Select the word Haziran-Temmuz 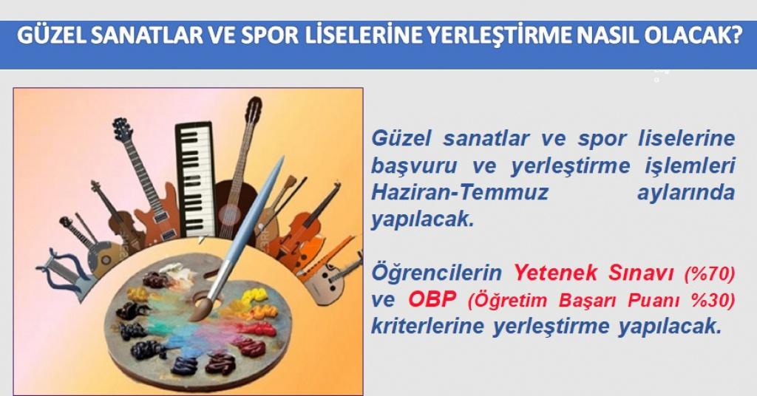pyautogui.click(x=460, y=192)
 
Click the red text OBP pyautogui.click(x=432, y=299)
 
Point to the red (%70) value pyautogui.click(x=710, y=274)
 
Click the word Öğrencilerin pyautogui.click(x=436, y=273)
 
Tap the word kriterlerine pyautogui.click(x=427, y=326)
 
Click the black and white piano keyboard pyautogui.click(x=195, y=179)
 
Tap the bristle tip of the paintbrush pyautogui.click(x=200, y=310)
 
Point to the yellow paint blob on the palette pyautogui.click(x=253, y=296)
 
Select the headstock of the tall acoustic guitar pyautogui.click(x=254, y=110)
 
